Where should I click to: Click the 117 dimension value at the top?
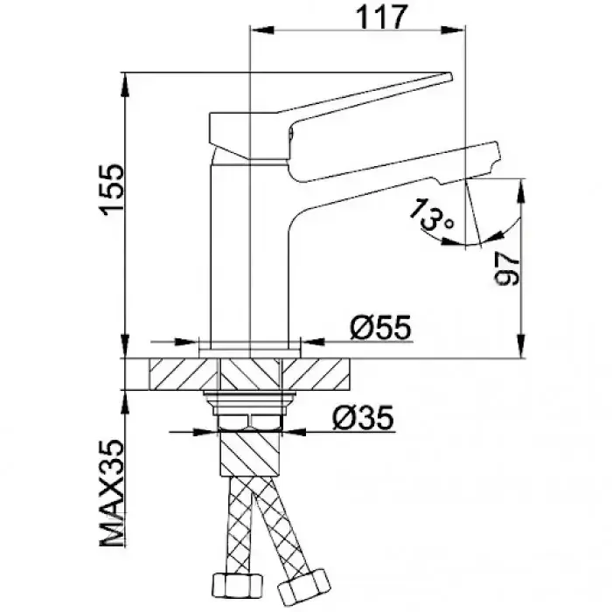(383, 17)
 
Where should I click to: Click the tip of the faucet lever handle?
(447, 78)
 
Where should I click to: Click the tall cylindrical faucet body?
(249, 254)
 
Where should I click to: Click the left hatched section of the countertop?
(183, 373)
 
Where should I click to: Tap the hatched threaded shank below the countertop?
(249, 455)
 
